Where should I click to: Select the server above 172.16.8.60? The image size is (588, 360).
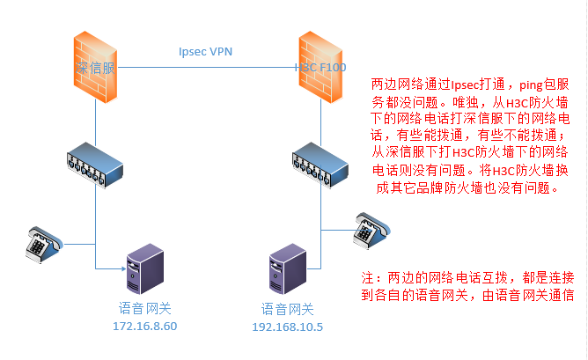[x=143, y=269]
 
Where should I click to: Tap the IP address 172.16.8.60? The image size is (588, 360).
[x=145, y=327]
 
